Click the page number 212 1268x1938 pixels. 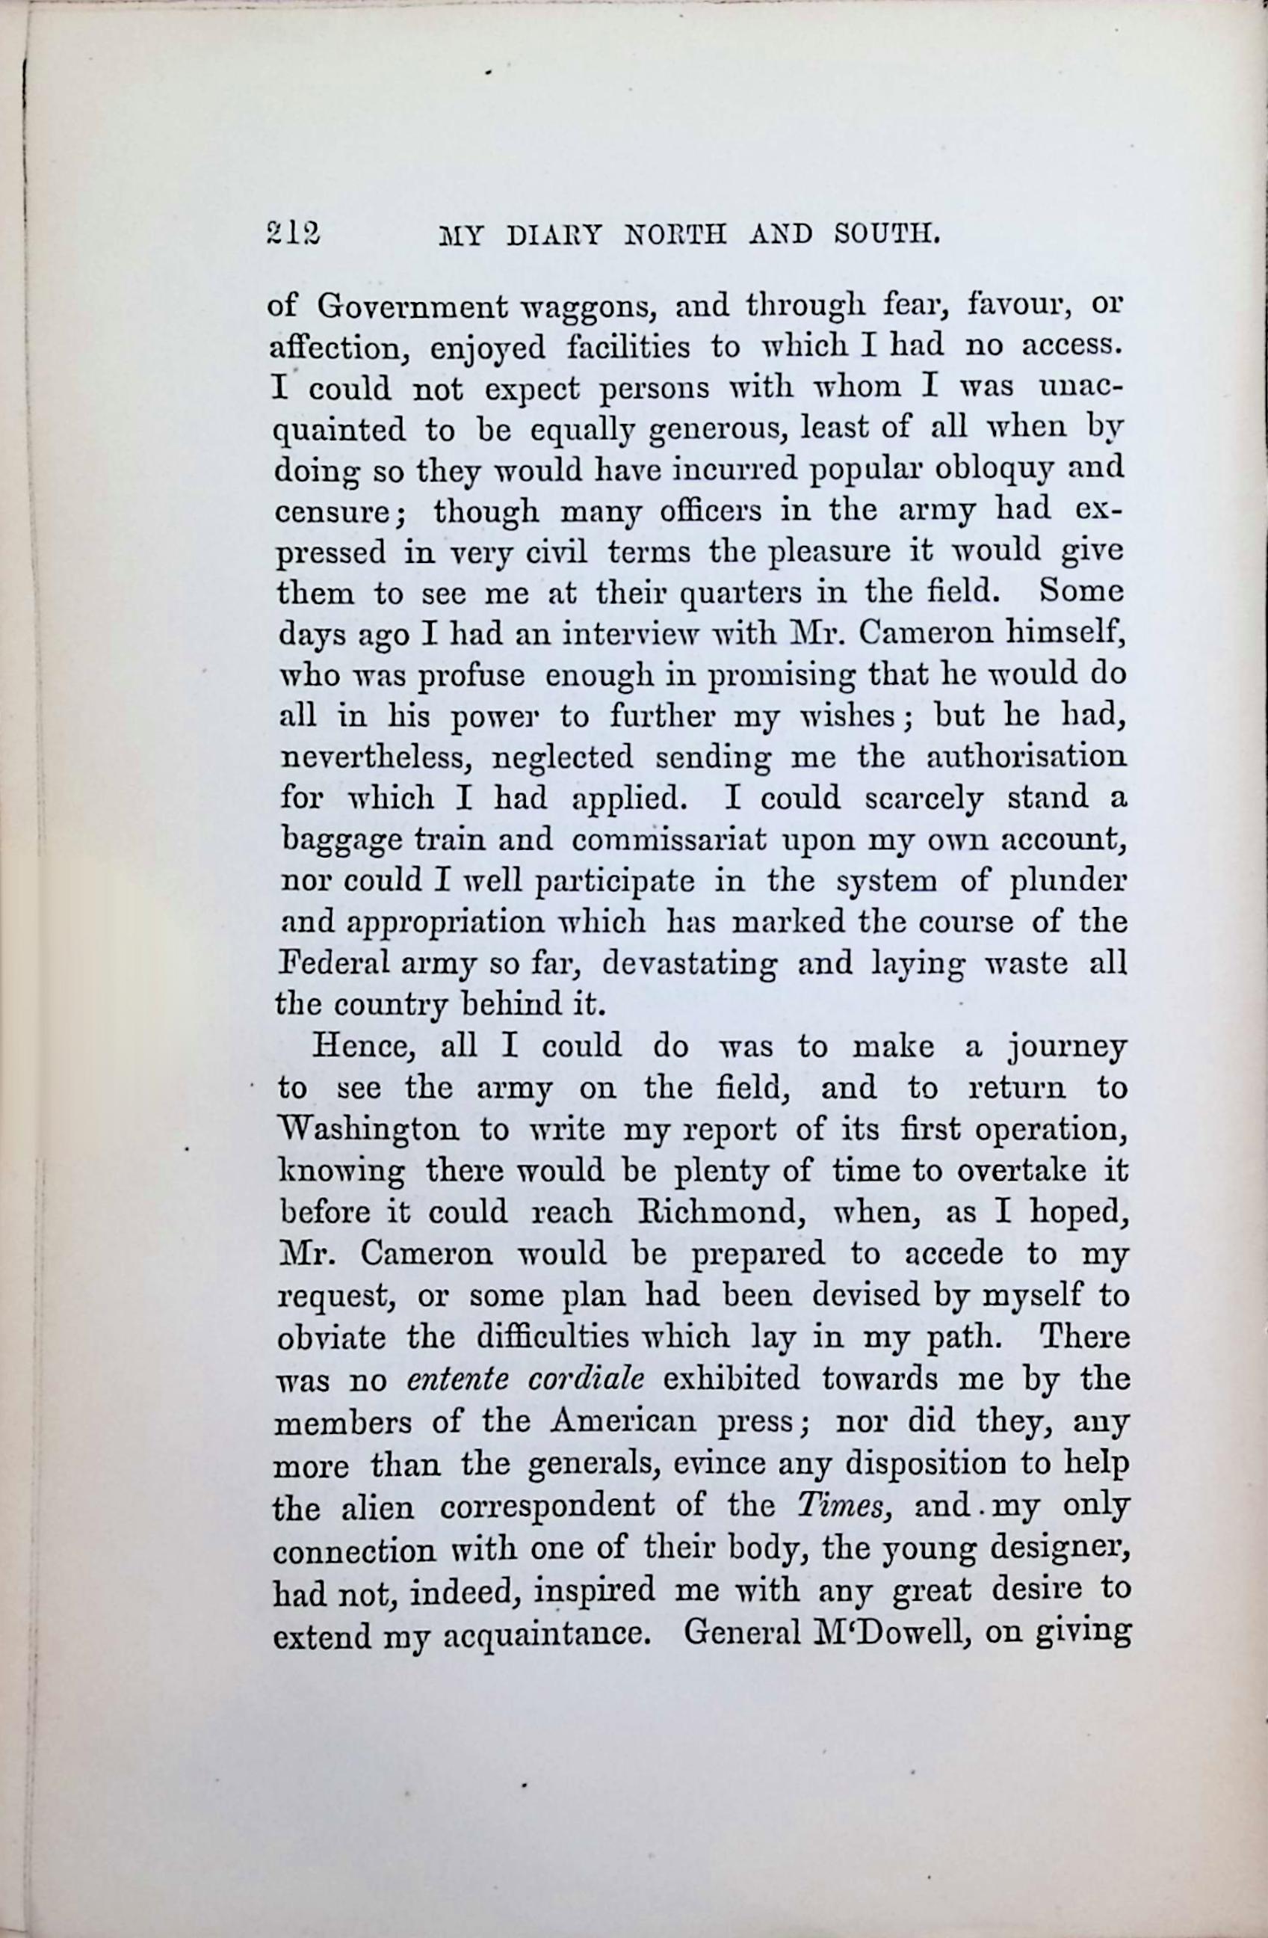pyautogui.click(x=294, y=235)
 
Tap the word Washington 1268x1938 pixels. pyautogui.click(x=380, y=1130)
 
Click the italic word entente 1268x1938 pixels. pyautogui.click(x=457, y=1379)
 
